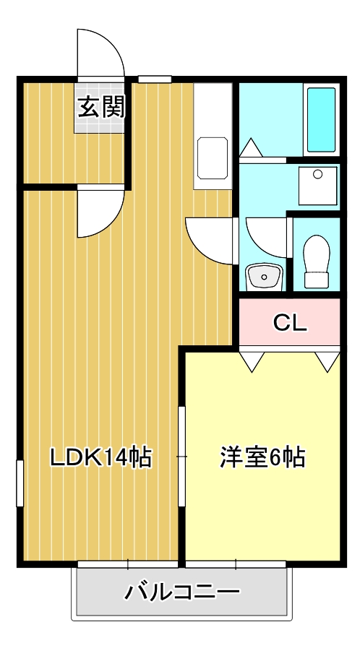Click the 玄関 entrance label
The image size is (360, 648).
point(101,108)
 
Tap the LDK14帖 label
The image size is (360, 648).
point(101,457)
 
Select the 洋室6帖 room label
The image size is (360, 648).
point(262,457)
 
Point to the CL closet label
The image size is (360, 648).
point(290,324)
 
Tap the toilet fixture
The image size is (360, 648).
point(317,262)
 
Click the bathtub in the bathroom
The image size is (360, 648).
point(321,119)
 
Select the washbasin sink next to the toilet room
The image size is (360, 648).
point(264,277)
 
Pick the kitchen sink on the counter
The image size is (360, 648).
point(213,158)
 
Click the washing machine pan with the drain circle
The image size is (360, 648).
point(317,186)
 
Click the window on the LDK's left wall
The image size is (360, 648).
point(20,483)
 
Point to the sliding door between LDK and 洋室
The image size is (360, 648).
point(182,457)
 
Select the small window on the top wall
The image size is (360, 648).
point(155,79)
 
